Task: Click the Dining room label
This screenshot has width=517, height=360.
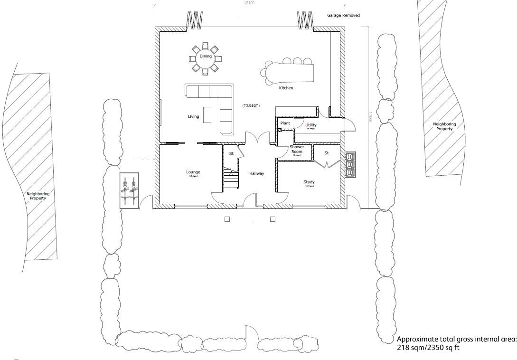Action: tap(205, 57)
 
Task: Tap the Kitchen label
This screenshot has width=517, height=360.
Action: tap(286, 88)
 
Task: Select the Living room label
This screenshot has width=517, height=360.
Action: tap(193, 116)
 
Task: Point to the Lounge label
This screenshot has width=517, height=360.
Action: tap(193, 172)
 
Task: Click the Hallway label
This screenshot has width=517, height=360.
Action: tap(257, 174)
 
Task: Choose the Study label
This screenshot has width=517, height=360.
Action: tap(309, 182)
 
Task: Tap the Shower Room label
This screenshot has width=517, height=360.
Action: tap(297, 150)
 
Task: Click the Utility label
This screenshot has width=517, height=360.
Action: tap(311, 125)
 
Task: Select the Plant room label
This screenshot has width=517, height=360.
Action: tap(285, 123)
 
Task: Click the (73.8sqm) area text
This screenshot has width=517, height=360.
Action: tap(251, 105)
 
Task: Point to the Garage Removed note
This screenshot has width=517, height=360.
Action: tap(343, 16)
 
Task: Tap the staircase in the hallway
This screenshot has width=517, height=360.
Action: tap(231, 180)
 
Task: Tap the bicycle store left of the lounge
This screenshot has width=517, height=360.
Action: tap(129, 190)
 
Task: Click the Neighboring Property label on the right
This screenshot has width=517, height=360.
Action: tap(444, 126)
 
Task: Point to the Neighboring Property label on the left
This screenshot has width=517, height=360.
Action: tap(38, 196)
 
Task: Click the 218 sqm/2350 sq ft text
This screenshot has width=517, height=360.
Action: tap(428, 348)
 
